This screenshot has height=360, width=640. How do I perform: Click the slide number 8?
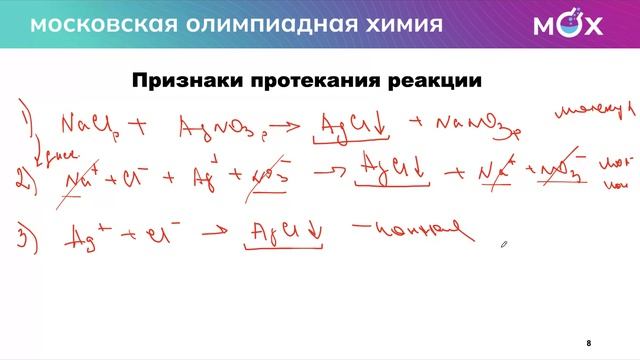(589, 342)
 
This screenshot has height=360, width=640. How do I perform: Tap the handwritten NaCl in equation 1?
(86, 127)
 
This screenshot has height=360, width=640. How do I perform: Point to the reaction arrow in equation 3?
(213, 237)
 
